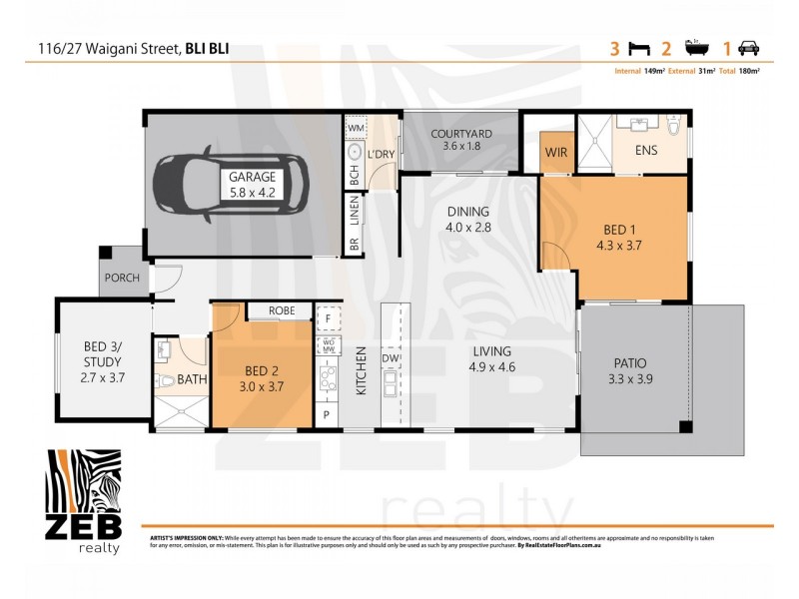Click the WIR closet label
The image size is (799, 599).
556,154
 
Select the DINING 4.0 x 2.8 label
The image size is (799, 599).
467,219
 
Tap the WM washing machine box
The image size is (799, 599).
356,129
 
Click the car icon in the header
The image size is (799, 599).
748,47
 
